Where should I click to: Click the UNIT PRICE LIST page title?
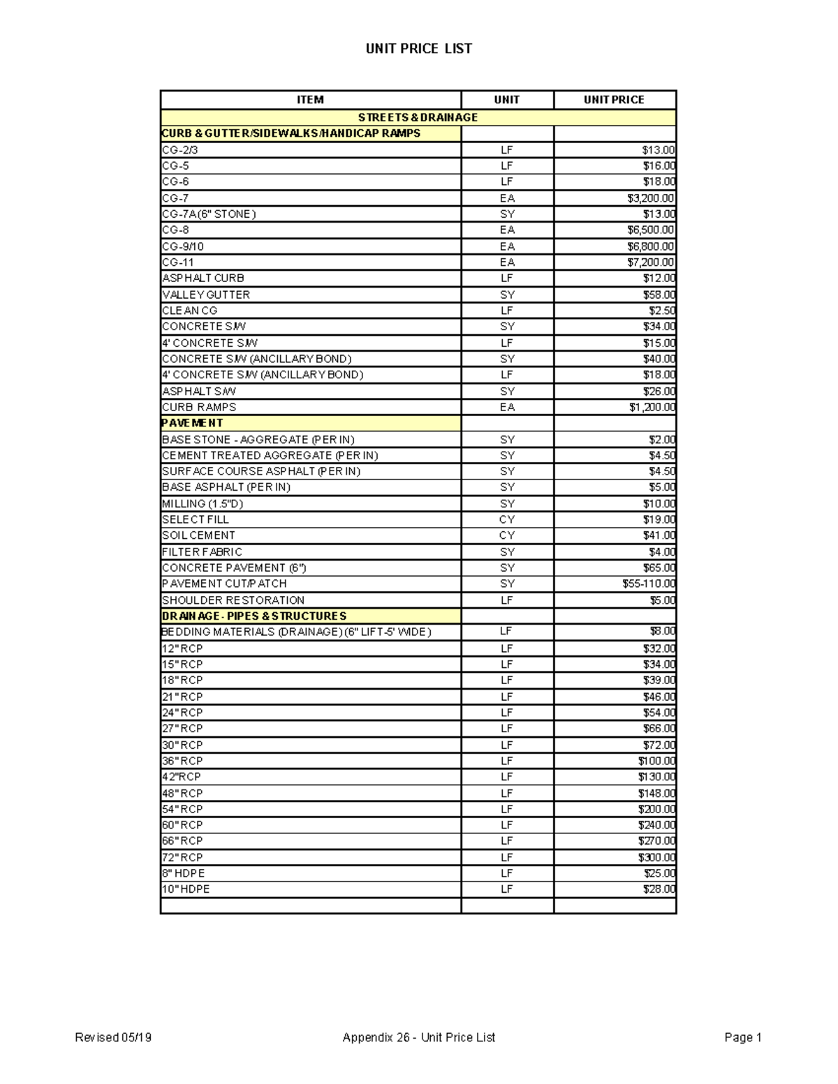tap(419, 49)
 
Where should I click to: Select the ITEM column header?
tap(310, 100)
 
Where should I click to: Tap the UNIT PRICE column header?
tap(614, 100)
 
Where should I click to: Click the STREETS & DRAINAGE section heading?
tap(418, 117)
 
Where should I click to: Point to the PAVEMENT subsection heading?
tap(193, 423)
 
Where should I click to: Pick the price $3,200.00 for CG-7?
tap(651, 198)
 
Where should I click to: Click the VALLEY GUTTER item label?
tap(206, 295)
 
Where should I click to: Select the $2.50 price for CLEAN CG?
tap(662, 311)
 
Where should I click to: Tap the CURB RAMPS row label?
tap(199, 407)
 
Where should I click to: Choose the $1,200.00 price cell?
tap(651, 407)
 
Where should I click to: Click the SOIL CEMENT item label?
tap(198, 535)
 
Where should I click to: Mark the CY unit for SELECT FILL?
tap(507, 519)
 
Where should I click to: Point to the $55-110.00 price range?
tap(649, 584)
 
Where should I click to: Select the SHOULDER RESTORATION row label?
tap(233, 600)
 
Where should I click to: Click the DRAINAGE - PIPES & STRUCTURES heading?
tap(254, 616)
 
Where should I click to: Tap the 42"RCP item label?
tap(182, 777)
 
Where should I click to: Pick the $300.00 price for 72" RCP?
tap(656, 857)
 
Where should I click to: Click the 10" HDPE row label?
tap(186, 889)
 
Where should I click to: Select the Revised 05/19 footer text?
tap(113, 1037)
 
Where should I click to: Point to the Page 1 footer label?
tap(743, 1037)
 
